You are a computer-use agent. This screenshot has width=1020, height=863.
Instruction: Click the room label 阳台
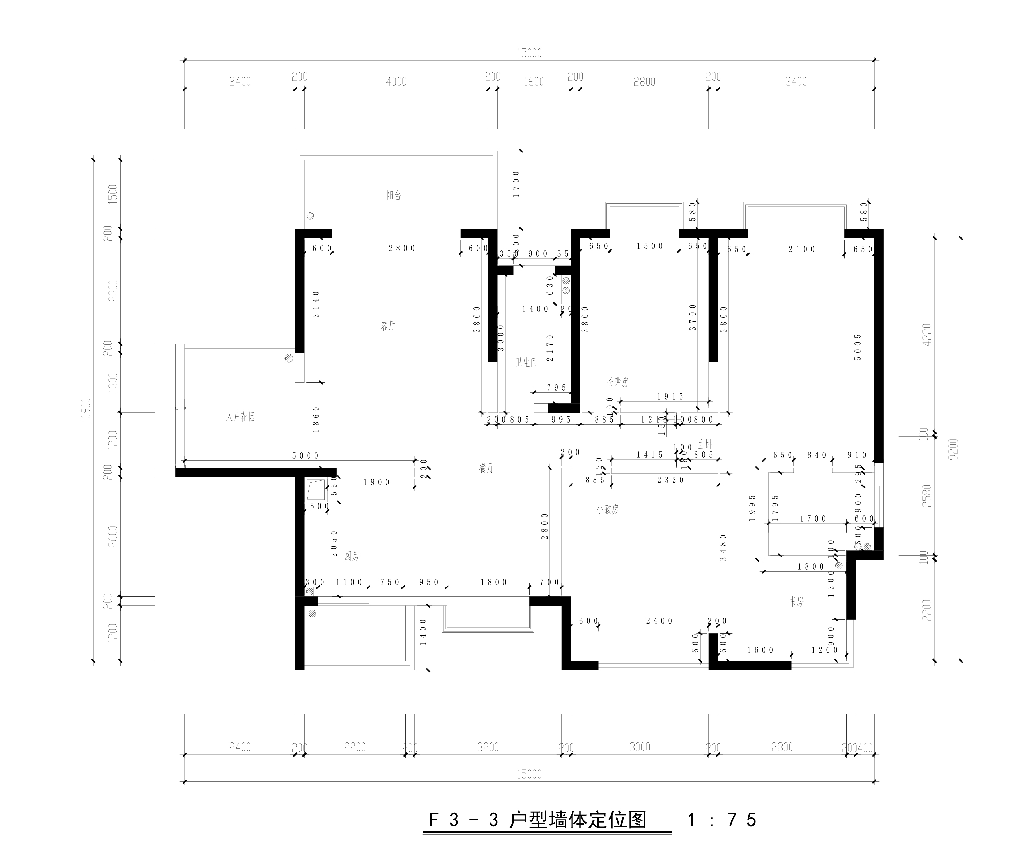pos(394,195)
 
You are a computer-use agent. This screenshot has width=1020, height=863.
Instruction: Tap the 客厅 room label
pos(388,326)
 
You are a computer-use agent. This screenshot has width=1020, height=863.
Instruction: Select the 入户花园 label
pos(240,417)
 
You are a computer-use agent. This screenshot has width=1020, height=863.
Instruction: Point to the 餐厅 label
pos(486,468)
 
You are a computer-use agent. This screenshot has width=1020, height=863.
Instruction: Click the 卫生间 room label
pos(526,362)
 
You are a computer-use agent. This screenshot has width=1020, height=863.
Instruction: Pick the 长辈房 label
pos(618,383)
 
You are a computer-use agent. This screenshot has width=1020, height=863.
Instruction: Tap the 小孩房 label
pos(607,510)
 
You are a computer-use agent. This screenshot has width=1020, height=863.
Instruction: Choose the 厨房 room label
pos(352,556)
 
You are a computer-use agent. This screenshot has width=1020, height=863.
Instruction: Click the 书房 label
pos(797,602)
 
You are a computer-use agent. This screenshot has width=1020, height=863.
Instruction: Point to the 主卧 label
pos(705,444)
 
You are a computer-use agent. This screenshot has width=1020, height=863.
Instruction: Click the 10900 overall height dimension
pos(86,410)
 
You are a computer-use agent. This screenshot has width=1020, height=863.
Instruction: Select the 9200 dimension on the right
pos(953,449)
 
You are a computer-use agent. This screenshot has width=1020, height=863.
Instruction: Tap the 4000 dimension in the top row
pos(396,82)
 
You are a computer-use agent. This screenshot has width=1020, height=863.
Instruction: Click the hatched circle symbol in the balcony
pos(310,216)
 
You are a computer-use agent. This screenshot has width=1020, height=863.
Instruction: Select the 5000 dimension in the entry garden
pos(306,455)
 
